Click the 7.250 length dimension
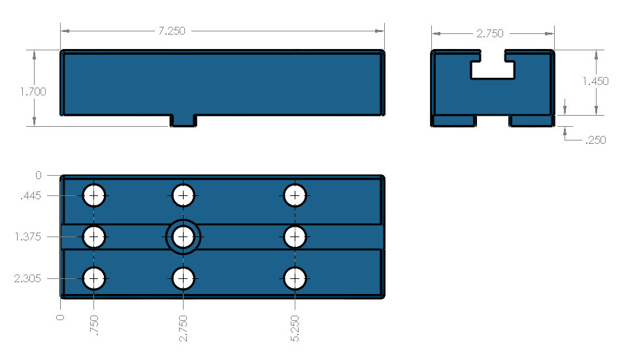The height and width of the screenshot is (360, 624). (x=171, y=31)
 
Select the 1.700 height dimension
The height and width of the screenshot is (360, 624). (x=33, y=91)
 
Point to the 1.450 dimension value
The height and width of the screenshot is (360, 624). (x=595, y=81)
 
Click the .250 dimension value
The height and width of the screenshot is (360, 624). (x=595, y=139)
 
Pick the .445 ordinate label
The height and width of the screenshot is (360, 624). (x=31, y=195)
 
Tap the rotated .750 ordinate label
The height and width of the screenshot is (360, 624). (x=95, y=326)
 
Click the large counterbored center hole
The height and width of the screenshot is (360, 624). (x=183, y=237)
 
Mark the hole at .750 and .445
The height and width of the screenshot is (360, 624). (x=94, y=195)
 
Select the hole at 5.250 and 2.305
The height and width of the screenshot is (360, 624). (x=295, y=278)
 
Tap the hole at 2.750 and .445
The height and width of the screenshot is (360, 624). (x=183, y=195)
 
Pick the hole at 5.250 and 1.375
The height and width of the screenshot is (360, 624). (x=295, y=237)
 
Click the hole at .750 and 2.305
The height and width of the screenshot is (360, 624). (x=94, y=278)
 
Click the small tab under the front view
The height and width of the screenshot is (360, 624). (x=183, y=121)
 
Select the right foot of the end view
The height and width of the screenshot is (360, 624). (x=531, y=121)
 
